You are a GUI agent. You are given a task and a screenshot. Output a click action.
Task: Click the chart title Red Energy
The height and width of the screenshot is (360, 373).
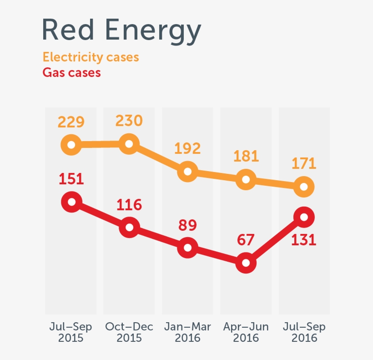pyautogui.click(x=121, y=30)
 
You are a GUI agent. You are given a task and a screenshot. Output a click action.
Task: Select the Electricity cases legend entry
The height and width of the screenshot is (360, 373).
pyautogui.click(x=91, y=57)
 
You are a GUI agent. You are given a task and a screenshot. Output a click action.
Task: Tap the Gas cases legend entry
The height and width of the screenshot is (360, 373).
pyautogui.click(x=71, y=72)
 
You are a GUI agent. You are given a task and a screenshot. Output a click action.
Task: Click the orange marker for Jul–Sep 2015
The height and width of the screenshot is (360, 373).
pyautogui.click(x=71, y=145)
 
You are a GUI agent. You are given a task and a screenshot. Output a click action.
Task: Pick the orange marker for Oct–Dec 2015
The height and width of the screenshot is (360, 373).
pyautogui.click(x=129, y=144)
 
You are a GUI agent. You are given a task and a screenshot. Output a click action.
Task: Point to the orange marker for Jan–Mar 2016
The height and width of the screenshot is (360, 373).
pyautogui.click(x=187, y=172)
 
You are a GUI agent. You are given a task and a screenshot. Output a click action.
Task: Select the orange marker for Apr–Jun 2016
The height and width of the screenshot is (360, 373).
pyautogui.click(x=246, y=180)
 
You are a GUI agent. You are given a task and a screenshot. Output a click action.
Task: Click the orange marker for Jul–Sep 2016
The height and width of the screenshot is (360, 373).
pyautogui.click(x=304, y=187)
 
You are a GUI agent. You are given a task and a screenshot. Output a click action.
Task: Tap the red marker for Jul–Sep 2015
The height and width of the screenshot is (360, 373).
pyautogui.click(x=71, y=201)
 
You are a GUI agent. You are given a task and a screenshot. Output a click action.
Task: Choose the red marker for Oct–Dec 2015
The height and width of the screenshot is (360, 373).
pyautogui.click(x=129, y=227)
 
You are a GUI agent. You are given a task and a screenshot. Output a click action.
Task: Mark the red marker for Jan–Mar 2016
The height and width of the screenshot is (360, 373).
pyautogui.click(x=187, y=248)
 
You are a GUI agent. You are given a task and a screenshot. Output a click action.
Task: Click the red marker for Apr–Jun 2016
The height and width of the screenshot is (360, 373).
pyautogui.click(x=246, y=263)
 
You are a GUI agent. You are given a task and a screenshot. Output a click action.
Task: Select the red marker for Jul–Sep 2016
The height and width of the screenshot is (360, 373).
pyautogui.click(x=304, y=217)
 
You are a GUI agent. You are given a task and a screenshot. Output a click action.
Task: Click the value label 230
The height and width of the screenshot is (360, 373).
pyautogui.click(x=129, y=121)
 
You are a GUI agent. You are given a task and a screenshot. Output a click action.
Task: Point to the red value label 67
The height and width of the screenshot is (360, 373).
pyautogui.click(x=246, y=239)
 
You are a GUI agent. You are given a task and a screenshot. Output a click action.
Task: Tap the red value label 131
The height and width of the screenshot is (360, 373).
pyautogui.click(x=304, y=239)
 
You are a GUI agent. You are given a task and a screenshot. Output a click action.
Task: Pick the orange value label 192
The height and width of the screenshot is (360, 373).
pyautogui.click(x=187, y=148)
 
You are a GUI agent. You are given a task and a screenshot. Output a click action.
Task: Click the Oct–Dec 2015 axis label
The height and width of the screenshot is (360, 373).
pyautogui.click(x=129, y=332)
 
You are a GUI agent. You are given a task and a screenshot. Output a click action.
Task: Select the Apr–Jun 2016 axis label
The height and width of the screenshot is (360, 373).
pyautogui.click(x=246, y=332)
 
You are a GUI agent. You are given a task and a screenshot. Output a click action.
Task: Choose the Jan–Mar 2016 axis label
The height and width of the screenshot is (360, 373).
pyautogui.click(x=187, y=332)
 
